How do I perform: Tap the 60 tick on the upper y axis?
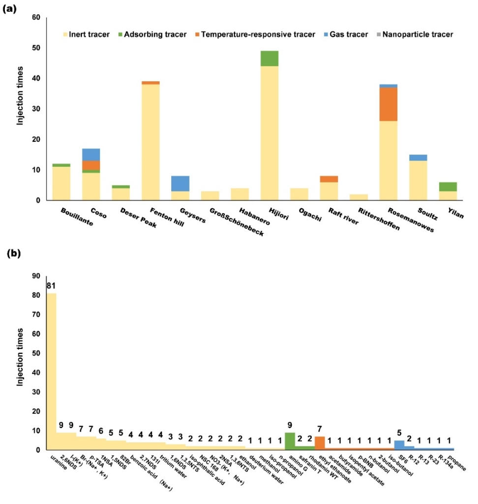37,18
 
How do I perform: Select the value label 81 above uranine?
51,286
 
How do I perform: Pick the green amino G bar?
290,441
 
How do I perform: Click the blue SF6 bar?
399,445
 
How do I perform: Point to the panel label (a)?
10,7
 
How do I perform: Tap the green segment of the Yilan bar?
448,187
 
